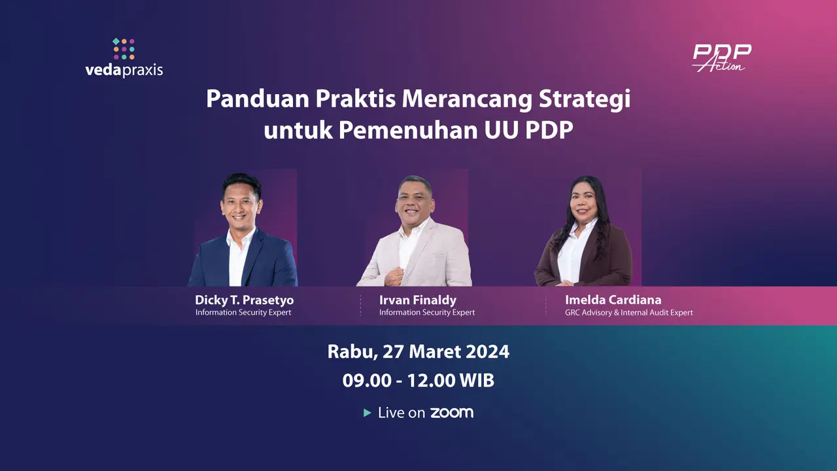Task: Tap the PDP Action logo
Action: [722, 58]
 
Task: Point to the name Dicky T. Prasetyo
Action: [244, 300]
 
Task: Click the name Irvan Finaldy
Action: [417, 300]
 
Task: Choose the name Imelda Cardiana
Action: [613, 300]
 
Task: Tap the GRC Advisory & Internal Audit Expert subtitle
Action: [628, 313]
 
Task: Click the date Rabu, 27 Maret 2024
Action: [418, 351]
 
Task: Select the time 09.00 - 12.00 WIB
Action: [418, 380]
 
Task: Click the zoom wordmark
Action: [451, 413]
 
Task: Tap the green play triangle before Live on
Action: [367, 413]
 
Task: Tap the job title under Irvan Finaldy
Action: [427, 313]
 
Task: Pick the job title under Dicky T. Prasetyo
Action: [243, 313]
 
